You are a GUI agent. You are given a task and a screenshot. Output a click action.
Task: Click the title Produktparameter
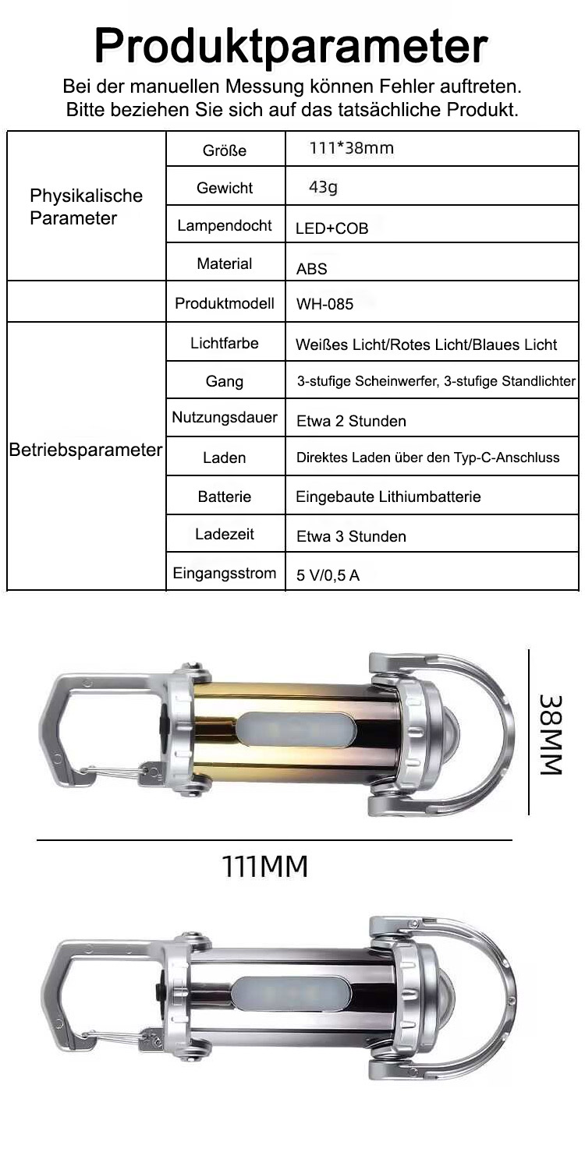click(x=291, y=47)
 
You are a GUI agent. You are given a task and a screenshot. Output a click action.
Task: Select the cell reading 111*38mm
click(x=352, y=148)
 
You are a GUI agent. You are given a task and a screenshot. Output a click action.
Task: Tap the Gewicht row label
click(x=224, y=188)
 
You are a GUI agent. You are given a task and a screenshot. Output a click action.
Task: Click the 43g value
click(x=323, y=187)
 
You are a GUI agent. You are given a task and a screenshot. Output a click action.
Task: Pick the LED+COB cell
click(x=331, y=228)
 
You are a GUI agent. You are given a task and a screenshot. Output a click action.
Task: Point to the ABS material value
click(x=312, y=269)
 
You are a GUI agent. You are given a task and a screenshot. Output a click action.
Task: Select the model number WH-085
click(x=324, y=304)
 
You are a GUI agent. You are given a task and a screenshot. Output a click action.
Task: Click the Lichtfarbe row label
click(x=224, y=343)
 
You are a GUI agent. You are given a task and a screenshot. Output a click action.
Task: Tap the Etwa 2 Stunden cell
click(x=351, y=421)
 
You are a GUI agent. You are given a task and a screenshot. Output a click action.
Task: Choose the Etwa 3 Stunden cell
click(x=351, y=536)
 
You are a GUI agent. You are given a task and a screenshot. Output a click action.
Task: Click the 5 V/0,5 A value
click(x=328, y=575)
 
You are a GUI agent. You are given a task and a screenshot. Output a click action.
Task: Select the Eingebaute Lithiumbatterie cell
click(x=388, y=496)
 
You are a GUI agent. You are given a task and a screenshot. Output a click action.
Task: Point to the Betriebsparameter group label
click(x=86, y=451)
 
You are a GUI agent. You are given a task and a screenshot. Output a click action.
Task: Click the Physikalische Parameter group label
click(x=86, y=207)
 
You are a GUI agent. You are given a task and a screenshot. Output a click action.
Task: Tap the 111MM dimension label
click(x=265, y=867)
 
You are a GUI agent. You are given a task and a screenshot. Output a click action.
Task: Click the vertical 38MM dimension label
click(x=551, y=735)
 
